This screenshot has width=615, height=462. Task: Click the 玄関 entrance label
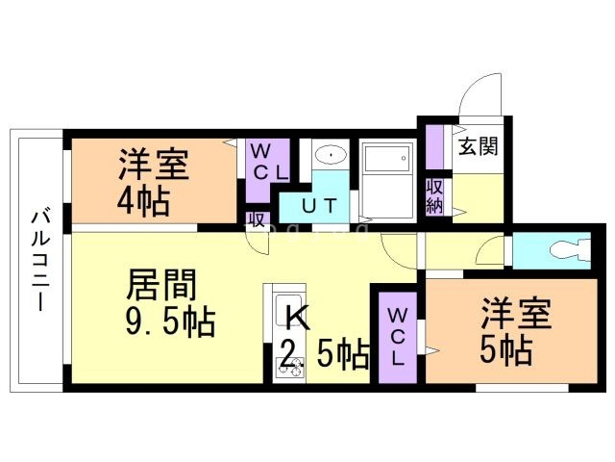(x=477, y=147)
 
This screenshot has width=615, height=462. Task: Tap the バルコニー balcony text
(x=39, y=259)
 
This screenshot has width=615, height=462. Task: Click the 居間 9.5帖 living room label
(x=167, y=302)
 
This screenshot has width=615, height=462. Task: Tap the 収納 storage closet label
(x=435, y=195)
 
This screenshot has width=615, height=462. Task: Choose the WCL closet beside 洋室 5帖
(x=398, y=334)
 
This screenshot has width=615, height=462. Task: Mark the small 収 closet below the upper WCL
(x=256, y=219)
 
